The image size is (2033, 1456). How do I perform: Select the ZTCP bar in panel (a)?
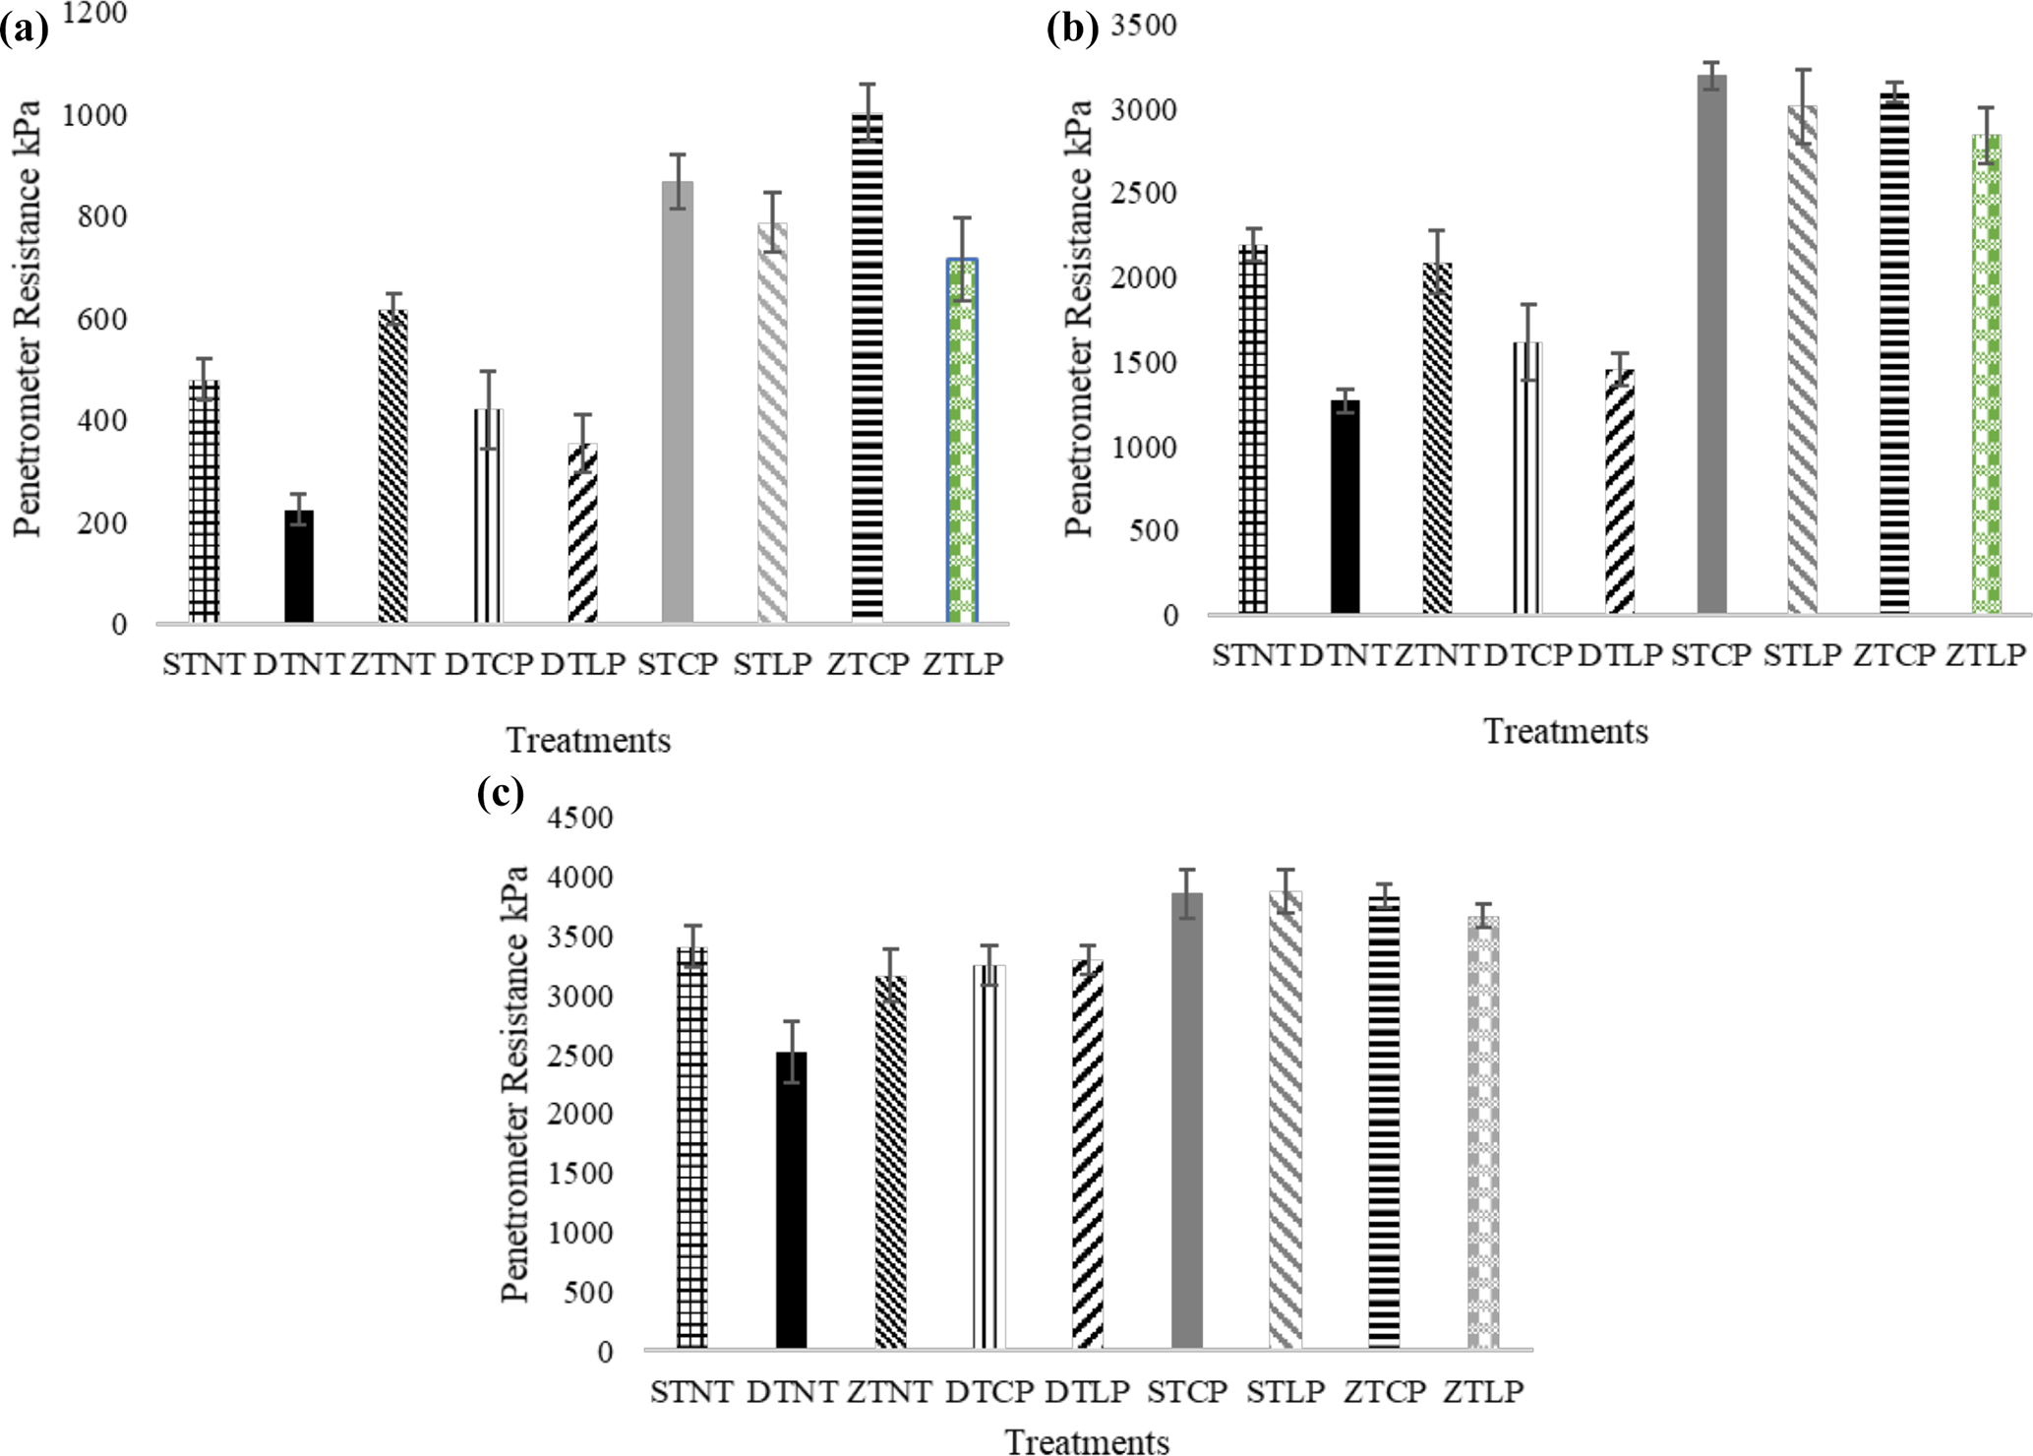coord(867,368)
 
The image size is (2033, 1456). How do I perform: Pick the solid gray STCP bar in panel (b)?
coord(1711,344)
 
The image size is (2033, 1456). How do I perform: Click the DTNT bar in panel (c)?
coord(791,1200)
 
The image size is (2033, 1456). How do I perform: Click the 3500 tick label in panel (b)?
coord(1144,26)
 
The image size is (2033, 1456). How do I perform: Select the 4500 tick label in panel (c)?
coord(579,819)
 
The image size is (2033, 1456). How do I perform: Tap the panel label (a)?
coord(24,31)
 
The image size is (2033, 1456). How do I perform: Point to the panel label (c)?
coord(500,792)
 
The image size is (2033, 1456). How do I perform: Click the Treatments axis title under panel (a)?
coord(588,740)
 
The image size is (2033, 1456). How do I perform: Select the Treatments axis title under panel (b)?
coord(1565,732)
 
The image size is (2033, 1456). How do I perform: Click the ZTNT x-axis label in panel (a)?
coord(392,665)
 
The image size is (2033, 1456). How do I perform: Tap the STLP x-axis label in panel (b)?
coord(1802,655)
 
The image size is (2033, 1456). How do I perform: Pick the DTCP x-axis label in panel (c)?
coord(989,1392)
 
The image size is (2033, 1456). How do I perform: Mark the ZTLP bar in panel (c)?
coord(1483,1131)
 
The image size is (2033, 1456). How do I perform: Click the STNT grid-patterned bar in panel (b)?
coord(1253,430)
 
